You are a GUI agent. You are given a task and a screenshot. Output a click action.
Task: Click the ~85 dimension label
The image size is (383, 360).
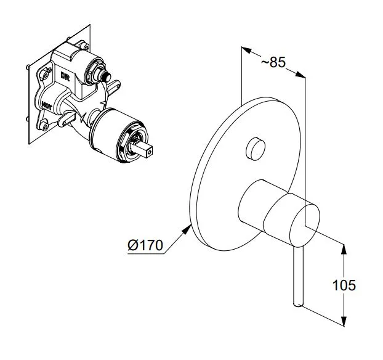pos(273,62)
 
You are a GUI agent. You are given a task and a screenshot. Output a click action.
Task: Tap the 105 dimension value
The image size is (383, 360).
pos(344,285)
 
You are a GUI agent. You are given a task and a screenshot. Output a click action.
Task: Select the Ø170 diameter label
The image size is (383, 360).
pos(145,245)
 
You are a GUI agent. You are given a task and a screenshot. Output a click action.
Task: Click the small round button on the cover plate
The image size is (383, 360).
pos(256,149)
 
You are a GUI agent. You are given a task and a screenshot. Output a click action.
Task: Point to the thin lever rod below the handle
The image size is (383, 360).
pos(298,276)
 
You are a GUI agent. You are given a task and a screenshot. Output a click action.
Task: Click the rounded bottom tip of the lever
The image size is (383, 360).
pos(298,305)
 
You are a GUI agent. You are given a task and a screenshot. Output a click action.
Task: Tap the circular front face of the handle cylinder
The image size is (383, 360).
pos(304,224)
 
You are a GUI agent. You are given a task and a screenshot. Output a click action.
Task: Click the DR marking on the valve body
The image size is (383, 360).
pos(65,76)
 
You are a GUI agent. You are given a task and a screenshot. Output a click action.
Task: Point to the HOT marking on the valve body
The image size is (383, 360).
pos(47,106)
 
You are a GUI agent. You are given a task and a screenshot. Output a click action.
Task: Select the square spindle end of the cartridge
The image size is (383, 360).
pos(144,149)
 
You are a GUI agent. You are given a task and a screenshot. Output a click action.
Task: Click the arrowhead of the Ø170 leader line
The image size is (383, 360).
pos(187,229)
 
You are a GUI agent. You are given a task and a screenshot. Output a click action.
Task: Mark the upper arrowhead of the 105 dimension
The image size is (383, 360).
pos(344,249)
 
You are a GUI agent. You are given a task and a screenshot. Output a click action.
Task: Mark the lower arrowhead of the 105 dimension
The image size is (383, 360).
pos(344,321)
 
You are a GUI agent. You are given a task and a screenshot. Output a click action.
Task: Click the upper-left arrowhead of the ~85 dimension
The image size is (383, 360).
pos(246,50)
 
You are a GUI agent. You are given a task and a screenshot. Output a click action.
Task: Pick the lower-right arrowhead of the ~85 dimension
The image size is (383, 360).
pos(300,75)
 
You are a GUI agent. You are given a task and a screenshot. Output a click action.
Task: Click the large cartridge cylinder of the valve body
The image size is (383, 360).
pos(117,135)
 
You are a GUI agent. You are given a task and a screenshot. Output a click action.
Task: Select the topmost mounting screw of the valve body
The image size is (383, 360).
pos(85,46)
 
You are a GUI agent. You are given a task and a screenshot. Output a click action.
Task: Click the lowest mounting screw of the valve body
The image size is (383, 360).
pos(46,127)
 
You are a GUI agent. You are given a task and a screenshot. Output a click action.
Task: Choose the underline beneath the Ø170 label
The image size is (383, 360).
pos(146,254)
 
